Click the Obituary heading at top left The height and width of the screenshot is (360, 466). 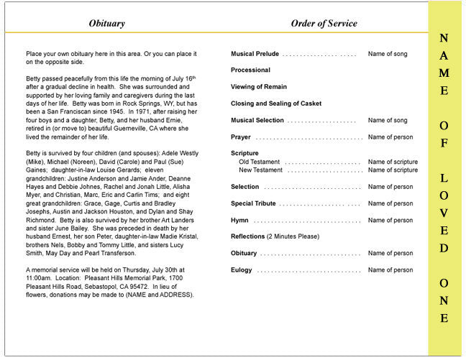pos(106,24)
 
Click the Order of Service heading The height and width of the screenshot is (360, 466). pos(324,24)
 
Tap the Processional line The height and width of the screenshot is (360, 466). pos(250,70)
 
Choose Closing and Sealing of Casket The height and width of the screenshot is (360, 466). pos(276,103)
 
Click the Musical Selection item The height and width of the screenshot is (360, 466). pos(257,120)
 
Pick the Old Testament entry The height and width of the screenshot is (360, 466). pos(260,162)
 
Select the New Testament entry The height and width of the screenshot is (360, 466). pos(261,170)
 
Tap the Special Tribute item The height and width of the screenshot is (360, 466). pos(253,203)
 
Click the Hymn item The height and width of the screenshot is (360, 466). pos(240,221)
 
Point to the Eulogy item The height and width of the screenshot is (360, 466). pos(242,270)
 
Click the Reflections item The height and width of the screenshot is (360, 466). pos(247,236)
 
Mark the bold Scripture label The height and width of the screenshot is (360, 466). pos(245,154)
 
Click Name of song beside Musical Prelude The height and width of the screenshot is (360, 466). pos(388,54)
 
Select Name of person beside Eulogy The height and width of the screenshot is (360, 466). pos(390,270)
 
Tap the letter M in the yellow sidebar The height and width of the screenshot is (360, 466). pos(444,73)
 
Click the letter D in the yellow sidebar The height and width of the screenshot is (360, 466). pos(444,248)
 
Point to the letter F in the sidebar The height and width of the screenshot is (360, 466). pos(444,143)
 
